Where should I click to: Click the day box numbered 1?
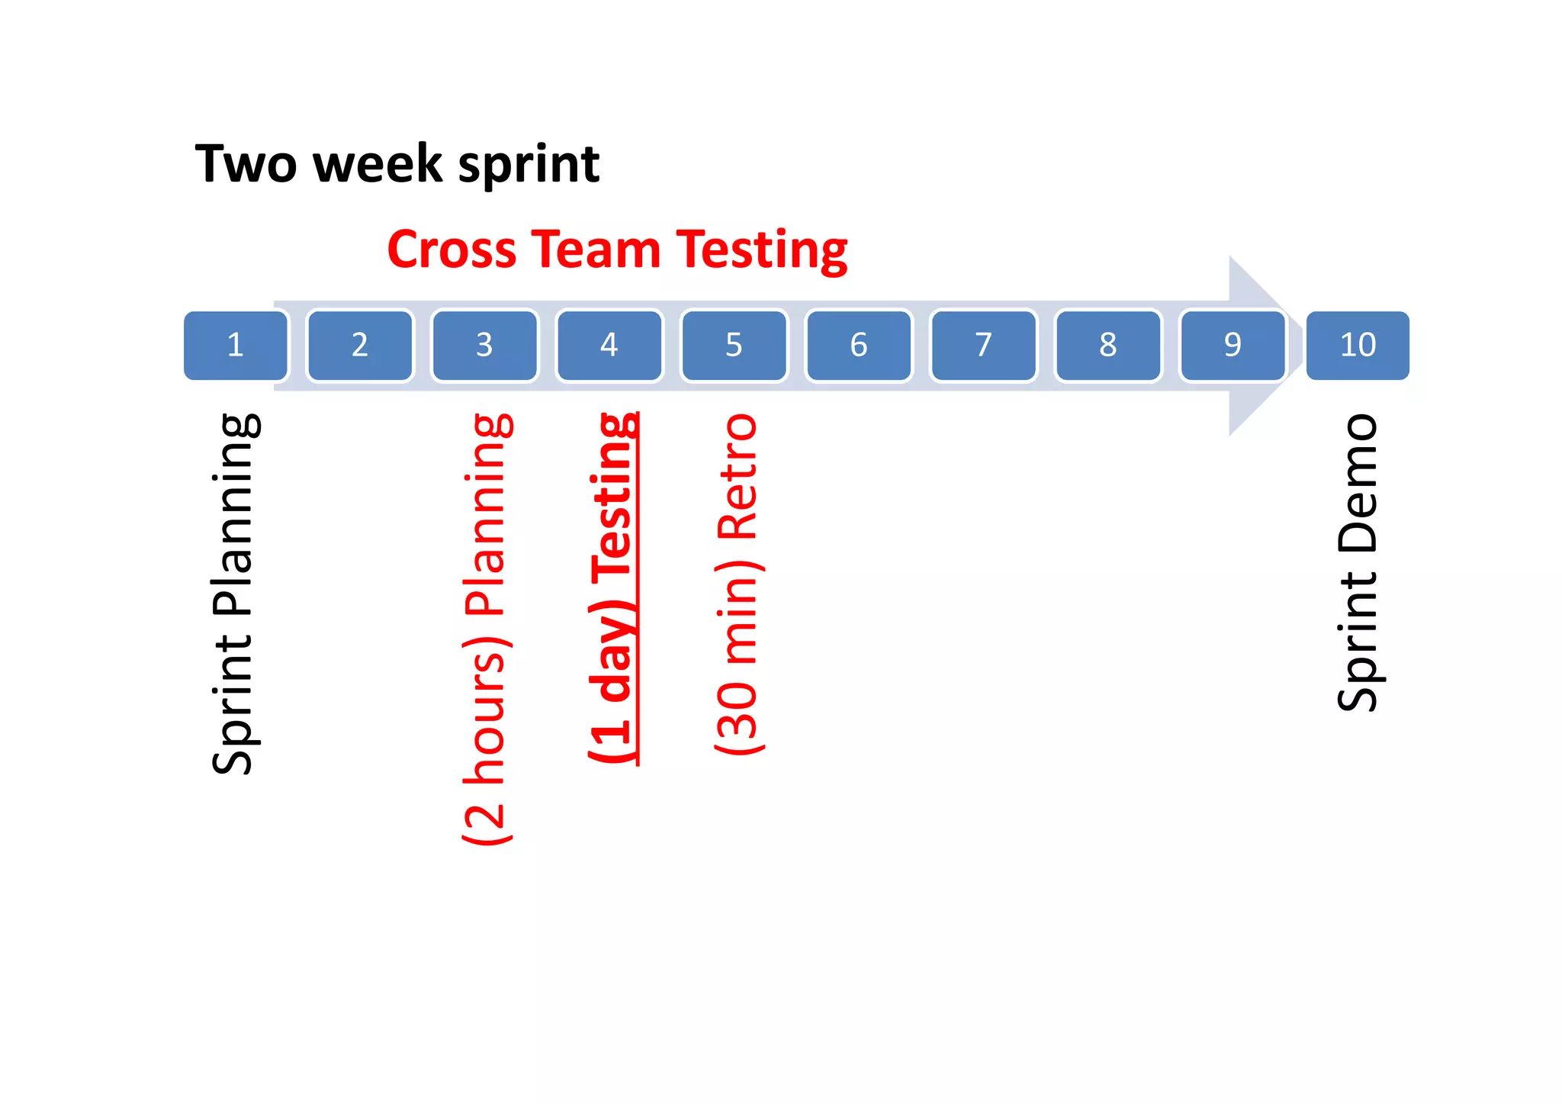[236, 345]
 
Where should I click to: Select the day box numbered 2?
[360, 345]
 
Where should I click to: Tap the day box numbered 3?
[484, 345]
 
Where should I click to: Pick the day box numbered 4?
[609, 345]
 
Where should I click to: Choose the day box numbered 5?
[734, 345]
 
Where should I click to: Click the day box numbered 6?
[859, 345]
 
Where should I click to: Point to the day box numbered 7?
[983, 345]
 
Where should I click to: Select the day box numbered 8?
[1108, 345]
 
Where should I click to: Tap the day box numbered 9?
[1233, 345]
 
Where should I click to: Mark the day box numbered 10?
[1358, 345]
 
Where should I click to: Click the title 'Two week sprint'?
[397, 164]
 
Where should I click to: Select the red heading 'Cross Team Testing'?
[617, 249]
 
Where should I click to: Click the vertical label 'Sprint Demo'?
[1358, 562]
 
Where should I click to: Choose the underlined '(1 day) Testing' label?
[612, 587]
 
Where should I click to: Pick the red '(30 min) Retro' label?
[738, 584]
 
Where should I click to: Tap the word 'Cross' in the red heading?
[452, 249]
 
